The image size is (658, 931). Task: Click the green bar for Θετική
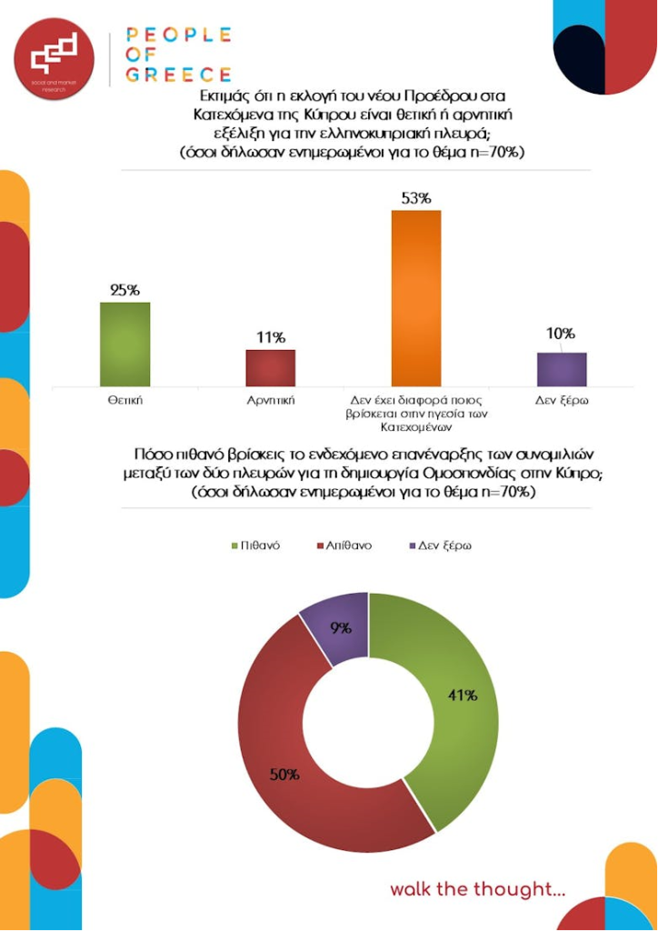(x=125, y=344)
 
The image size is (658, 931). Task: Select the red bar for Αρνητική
(x=270, y=367)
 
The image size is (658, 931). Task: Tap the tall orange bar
(x=415, y=297)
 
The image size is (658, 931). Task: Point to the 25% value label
(x=125, y=290)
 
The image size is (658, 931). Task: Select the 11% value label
(x=270, y=337)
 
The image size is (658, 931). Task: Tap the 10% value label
(x=560, y=335)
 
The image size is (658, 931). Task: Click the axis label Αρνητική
(x=270, y=399)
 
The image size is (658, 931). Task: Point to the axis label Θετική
(x=125, y=399)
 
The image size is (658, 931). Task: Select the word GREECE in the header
(x=178, y=75)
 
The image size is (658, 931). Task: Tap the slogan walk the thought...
(x=477, y=888)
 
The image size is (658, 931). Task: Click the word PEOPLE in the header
(x=178, y=35)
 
